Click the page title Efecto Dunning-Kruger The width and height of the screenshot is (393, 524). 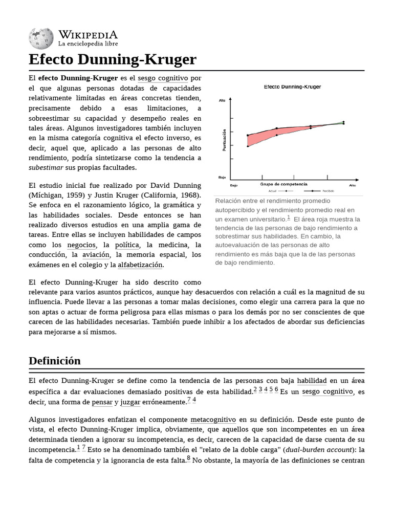point(112,59)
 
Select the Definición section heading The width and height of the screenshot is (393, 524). point(55,360)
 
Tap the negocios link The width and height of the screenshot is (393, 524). point(81,245)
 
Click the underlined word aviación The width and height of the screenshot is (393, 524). point(96,255)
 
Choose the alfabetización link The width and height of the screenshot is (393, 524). point(140,265)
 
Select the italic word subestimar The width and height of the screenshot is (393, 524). point(46,167)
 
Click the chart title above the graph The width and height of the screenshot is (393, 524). point(292,87)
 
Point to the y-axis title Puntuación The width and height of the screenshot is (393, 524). point(224,140)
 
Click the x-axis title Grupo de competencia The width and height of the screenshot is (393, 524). point(283,183)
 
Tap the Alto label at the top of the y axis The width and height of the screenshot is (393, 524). point(222,100)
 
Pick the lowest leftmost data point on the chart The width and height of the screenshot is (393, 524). point(248,146)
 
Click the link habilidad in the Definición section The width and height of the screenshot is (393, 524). point(312,381)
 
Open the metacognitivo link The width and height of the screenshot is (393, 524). point(213,420)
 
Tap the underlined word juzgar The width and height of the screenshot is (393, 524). point(130,402)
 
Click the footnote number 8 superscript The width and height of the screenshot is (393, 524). point(188,458)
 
